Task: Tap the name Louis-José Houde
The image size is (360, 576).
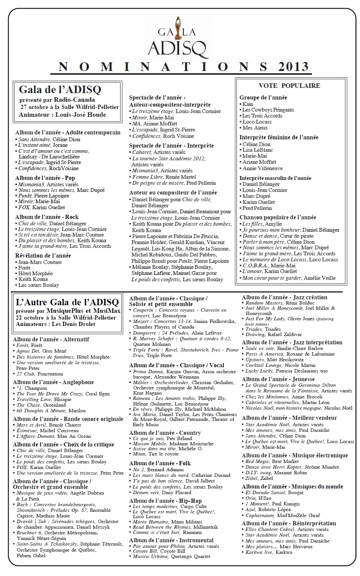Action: click(81, 115)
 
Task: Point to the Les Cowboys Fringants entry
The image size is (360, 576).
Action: click(268, 110)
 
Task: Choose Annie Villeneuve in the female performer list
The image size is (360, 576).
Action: click(262, 168)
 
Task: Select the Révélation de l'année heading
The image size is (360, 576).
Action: click(43, 255)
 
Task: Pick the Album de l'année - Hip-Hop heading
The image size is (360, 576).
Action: click(165, 501)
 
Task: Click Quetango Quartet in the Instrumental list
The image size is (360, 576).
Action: click(190, 556)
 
